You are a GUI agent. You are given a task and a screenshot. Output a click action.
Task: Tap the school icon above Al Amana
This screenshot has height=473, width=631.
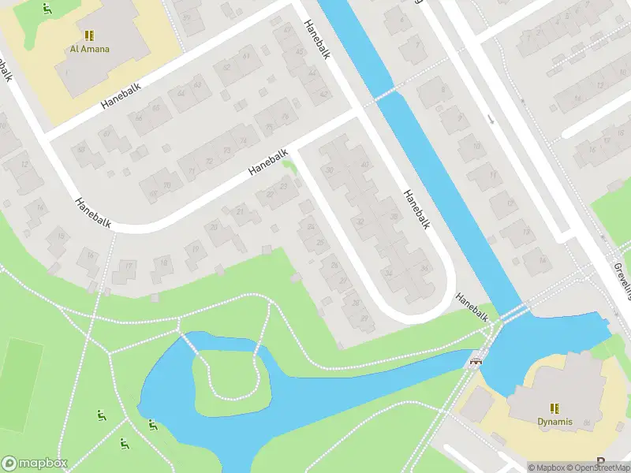coord(88,35)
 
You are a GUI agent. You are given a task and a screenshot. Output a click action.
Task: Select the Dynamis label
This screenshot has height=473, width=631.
coord(555,421)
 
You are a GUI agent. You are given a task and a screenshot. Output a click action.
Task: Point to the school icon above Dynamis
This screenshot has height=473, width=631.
coord(555,408)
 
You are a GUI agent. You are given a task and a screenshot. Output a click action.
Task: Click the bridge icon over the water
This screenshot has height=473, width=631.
coord(475,363)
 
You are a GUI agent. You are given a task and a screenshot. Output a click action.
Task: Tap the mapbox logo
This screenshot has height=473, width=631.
coord(35,463)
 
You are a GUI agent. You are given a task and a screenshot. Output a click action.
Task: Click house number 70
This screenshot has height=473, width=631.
coord(166,186)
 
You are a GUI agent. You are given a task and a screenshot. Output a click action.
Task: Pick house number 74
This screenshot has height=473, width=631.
coord(244,142)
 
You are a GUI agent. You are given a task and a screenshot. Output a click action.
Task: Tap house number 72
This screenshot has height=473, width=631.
coord(209,161)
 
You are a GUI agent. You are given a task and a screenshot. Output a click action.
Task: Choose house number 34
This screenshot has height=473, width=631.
coord(389,273)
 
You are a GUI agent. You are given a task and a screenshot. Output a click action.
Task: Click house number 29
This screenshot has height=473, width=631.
coord(364,318)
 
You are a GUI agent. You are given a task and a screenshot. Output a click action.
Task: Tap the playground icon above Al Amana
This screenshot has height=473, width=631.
coord(48,9)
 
